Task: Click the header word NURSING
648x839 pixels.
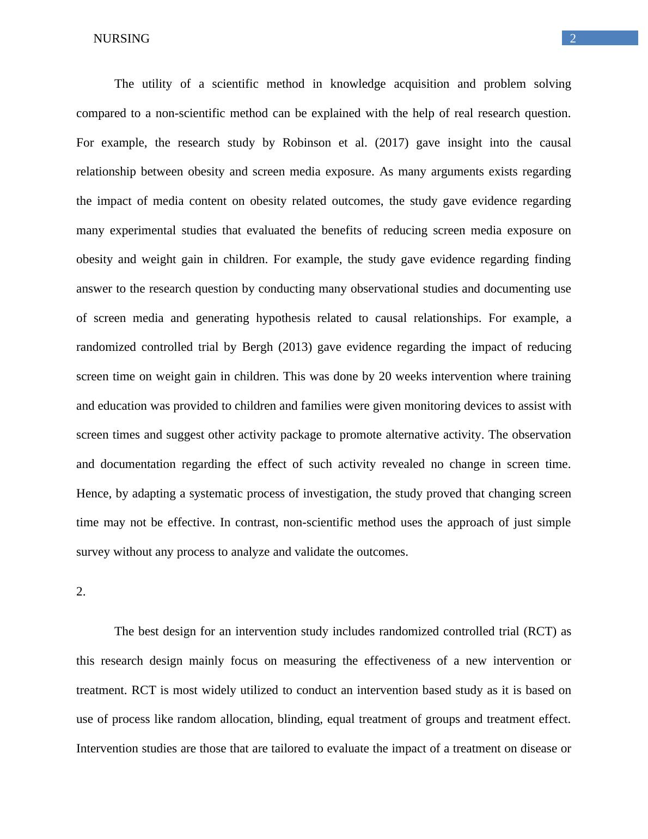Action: coord(121,39)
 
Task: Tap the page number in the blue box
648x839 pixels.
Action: coord(573,38)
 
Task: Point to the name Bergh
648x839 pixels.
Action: coord(257,347)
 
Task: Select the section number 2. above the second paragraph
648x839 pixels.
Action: coord(81,592)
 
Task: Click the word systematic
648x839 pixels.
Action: coord(216,494)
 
